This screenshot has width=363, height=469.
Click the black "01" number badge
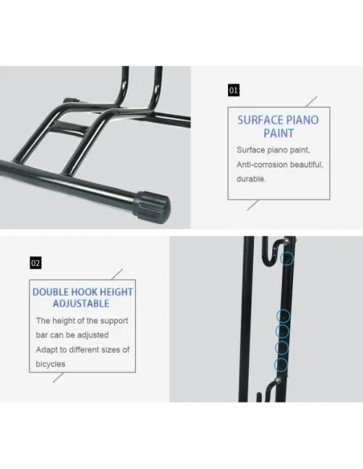point(234,91)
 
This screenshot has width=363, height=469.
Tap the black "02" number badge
point(35,263)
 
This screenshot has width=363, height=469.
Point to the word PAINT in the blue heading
point(279,134)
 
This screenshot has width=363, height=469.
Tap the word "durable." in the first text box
point(251,179)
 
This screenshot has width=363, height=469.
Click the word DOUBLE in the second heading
point(51,292)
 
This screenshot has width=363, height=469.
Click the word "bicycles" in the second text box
point(51,364)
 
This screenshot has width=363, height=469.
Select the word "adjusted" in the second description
point(89,335)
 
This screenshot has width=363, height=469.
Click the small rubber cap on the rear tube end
point(69,103)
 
